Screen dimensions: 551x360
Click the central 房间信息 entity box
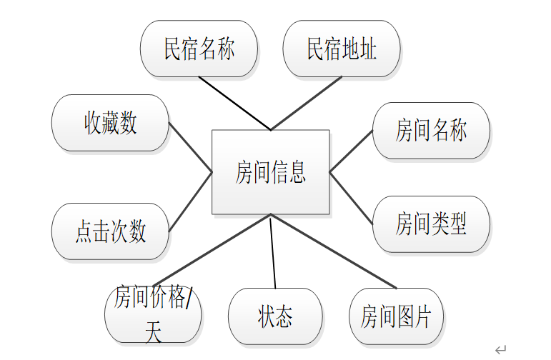(270, 172)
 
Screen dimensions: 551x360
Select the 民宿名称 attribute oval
(199, 49)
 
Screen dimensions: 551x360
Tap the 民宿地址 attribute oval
(342, 49)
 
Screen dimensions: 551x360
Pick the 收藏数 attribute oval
(110, 123)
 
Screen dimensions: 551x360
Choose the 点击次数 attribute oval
(110, 231)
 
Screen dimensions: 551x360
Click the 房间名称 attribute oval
(431, 131)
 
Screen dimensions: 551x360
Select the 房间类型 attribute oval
(431, 224)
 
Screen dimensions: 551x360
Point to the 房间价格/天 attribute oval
(153, 315)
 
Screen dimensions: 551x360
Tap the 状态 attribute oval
(275, 316)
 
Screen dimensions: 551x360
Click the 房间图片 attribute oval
(396, 316)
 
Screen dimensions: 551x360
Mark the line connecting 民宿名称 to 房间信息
(234, 104)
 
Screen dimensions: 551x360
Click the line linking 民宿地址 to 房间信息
(306, 104)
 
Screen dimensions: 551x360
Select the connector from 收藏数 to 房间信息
(191, 148)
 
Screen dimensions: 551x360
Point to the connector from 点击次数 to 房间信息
(191, 202)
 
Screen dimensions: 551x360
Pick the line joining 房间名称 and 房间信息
(352, 151)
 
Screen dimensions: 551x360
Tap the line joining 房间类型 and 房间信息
(352, 198)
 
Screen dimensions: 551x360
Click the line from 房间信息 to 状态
(272, 251)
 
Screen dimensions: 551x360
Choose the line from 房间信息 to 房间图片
(333, 251)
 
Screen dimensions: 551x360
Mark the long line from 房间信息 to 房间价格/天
(213, 250)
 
